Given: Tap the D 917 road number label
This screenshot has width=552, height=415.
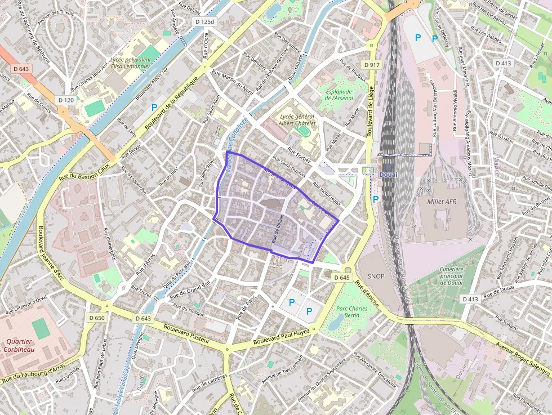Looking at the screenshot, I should point(372,65).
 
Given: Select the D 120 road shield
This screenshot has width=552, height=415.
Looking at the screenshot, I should point(66,100).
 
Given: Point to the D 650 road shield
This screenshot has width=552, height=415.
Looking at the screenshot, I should point(96,318).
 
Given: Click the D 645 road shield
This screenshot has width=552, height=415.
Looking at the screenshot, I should point(341,278).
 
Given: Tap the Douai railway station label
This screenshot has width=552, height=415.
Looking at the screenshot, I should point(389,175).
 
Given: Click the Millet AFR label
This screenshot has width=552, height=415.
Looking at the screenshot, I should point(442,201).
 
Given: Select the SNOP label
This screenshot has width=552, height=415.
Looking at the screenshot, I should point(375,276).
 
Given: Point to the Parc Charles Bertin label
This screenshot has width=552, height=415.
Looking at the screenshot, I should point(351,312).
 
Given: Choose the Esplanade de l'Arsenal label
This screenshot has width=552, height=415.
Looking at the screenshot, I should point(339,95).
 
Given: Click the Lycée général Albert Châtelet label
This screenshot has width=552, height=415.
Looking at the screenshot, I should point(297,119).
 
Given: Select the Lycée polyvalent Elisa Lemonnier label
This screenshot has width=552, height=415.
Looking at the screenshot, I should point(131,63).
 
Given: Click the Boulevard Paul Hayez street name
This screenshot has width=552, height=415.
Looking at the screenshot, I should point(282,338).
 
